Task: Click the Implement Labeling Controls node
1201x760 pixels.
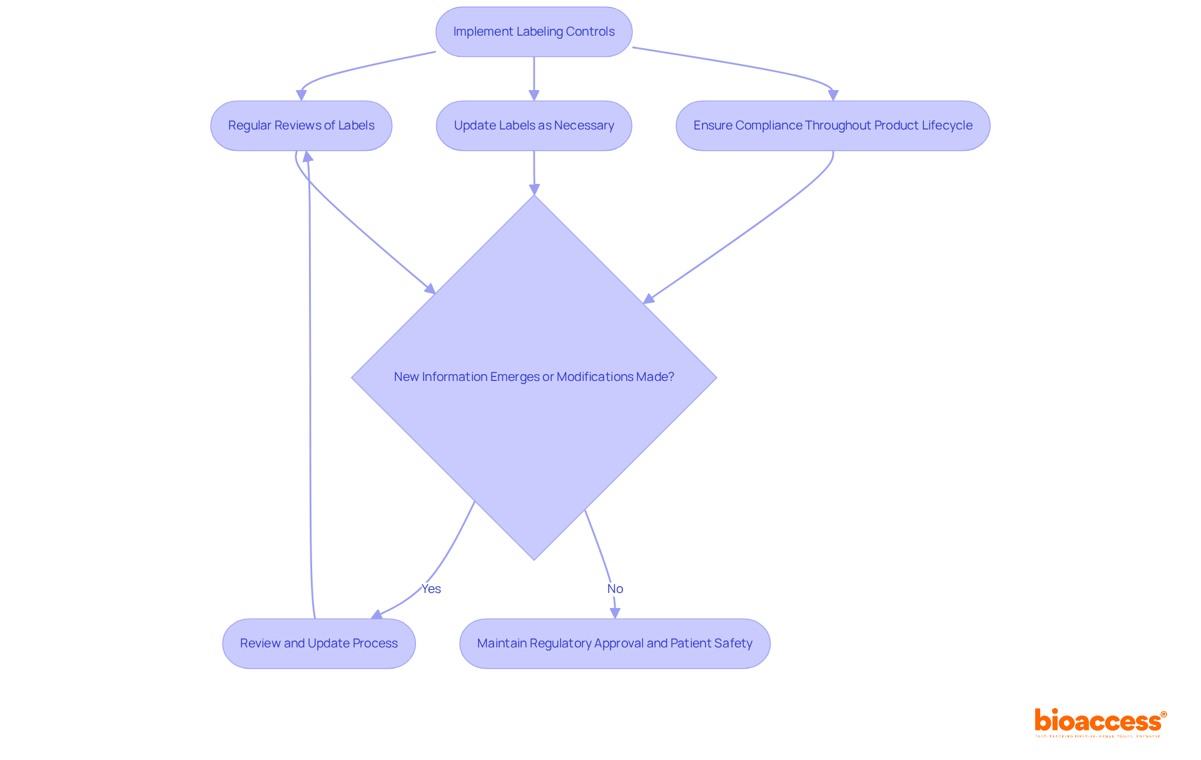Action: click(x=534, y=32)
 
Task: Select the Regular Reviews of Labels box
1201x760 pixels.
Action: click(x=301, y=126)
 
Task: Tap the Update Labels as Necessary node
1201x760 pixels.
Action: click(x=534, y=126)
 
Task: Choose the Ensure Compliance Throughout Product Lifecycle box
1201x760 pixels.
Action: click(x=833, y=126)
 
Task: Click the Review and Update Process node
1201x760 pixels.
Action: click(x=318, y=644)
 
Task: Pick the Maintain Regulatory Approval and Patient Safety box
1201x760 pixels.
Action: click(x=614, y=644)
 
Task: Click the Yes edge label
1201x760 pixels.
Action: click(x=431, y=589)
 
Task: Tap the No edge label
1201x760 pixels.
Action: click(x=615, y=589)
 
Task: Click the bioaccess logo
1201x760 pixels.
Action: click(x=1100, y=722)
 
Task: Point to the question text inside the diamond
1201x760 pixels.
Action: click(x=534, y=377)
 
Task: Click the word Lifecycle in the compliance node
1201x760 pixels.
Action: click(x=947, y=126)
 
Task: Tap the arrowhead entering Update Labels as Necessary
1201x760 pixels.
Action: click(x=534, y=95)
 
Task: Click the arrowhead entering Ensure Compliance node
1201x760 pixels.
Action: click(x=833, y=95)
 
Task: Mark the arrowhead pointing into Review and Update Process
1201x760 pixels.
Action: click(x=377, y=615)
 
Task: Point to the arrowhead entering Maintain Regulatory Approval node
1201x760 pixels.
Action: click(x=615, y=613)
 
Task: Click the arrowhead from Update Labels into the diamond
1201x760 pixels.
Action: click(x=534, y=189)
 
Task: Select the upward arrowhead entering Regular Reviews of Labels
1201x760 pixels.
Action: click(x=307, y=156)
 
